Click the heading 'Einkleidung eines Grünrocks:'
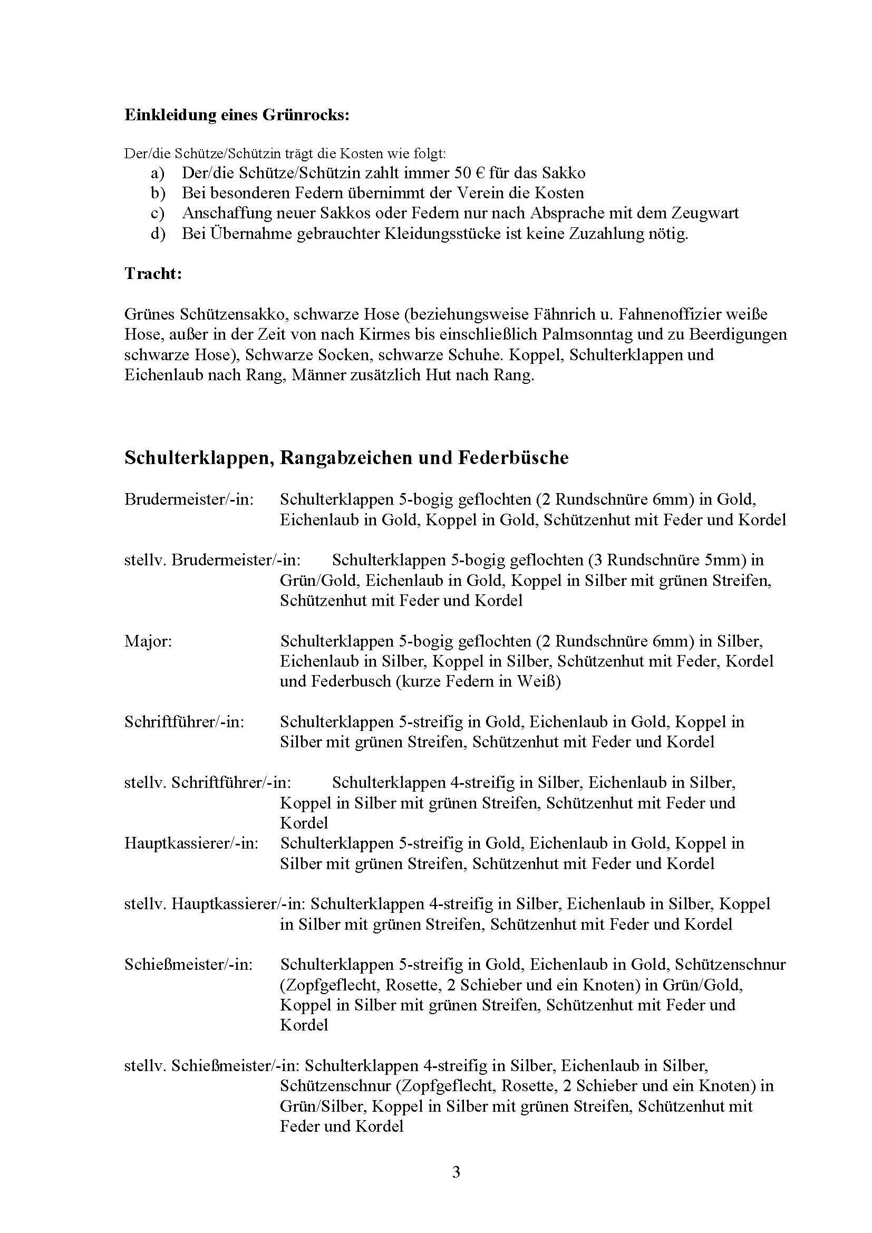(x=237, y=115)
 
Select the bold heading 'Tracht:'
(x=153, y=273)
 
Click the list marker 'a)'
(x=157, y=174)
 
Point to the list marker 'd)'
(x=158, y=235)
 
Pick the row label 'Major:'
(x=148, y=641)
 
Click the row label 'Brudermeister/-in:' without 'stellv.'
(x=189, y=499)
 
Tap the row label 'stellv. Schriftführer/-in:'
(x=208, y=783)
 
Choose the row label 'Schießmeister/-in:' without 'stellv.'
(x=188, y=965)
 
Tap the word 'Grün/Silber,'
(x=323, y=1106)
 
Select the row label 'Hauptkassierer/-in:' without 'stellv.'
(x=191, y=843)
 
